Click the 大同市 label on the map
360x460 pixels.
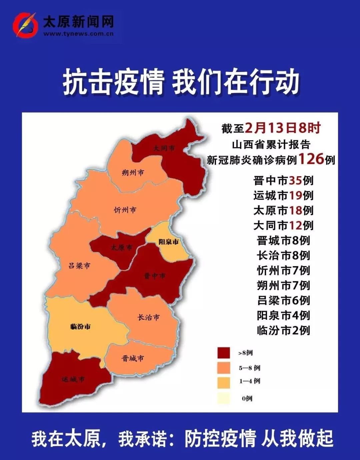coord(164,148)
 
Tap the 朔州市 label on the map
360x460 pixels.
coord(133,173)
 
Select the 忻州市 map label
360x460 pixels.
coord(125,210)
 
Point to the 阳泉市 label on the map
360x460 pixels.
coord(168,242)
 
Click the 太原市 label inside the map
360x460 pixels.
coord(121,247)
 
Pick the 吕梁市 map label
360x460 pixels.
coord(79,266)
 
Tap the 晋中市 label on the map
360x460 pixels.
coord(154,276)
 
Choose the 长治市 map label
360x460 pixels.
coord(149,317)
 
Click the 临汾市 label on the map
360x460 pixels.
coord(80,326)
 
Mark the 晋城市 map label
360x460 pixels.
coord(133,358)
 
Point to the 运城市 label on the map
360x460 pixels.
coord(73,379)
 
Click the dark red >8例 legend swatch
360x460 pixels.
coord(223,353)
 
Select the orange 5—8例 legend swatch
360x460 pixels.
coord(223,368)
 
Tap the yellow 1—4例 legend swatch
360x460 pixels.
coord(223,382)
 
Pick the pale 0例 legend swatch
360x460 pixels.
coord(223,398)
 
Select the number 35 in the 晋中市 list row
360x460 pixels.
coord(295,181)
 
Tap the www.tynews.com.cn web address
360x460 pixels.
coord(78,34)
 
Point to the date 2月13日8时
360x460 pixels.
coord(283,128)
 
